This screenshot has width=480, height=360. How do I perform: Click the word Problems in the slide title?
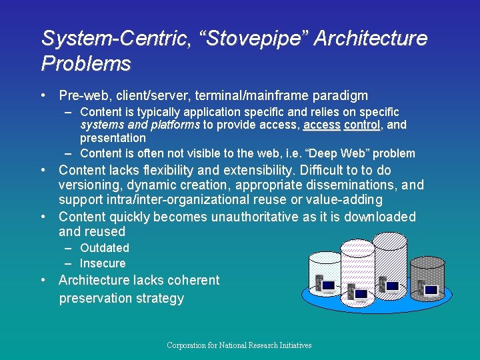(86, 64)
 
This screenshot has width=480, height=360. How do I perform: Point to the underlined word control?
(362, 125)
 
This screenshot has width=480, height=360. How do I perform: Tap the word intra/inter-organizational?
(171, 200)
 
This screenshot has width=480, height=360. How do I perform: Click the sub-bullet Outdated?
(105, 247)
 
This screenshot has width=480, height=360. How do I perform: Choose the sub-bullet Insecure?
(103, 263)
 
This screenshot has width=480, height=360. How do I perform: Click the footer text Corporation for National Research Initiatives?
(239, 345)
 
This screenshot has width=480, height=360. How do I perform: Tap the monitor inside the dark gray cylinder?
(431, 290)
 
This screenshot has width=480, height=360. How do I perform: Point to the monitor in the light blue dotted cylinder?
(327, 287)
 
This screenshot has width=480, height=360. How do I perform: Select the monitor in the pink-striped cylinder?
(361, 293)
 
